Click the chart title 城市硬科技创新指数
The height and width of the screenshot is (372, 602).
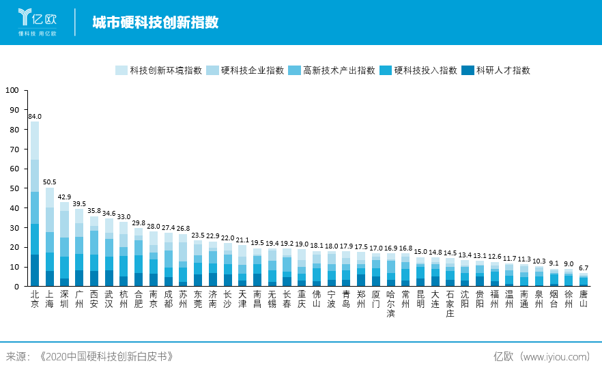tap(156, 23)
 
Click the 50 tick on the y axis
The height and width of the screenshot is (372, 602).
tap(13, 188)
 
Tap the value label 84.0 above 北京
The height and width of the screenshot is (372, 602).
tap(35, 117)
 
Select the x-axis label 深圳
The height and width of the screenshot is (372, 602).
tap(65, 299)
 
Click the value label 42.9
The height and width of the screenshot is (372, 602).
tap(65, 197)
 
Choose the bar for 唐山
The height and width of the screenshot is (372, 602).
tap(584, 281)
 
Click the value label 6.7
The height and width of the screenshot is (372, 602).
tap(584, 268)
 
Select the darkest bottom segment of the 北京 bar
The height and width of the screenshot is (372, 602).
tap(35, 270)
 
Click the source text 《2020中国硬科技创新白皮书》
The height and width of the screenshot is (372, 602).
tap(106, 357)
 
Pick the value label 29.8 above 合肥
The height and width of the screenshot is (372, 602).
tap(139, 223)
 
